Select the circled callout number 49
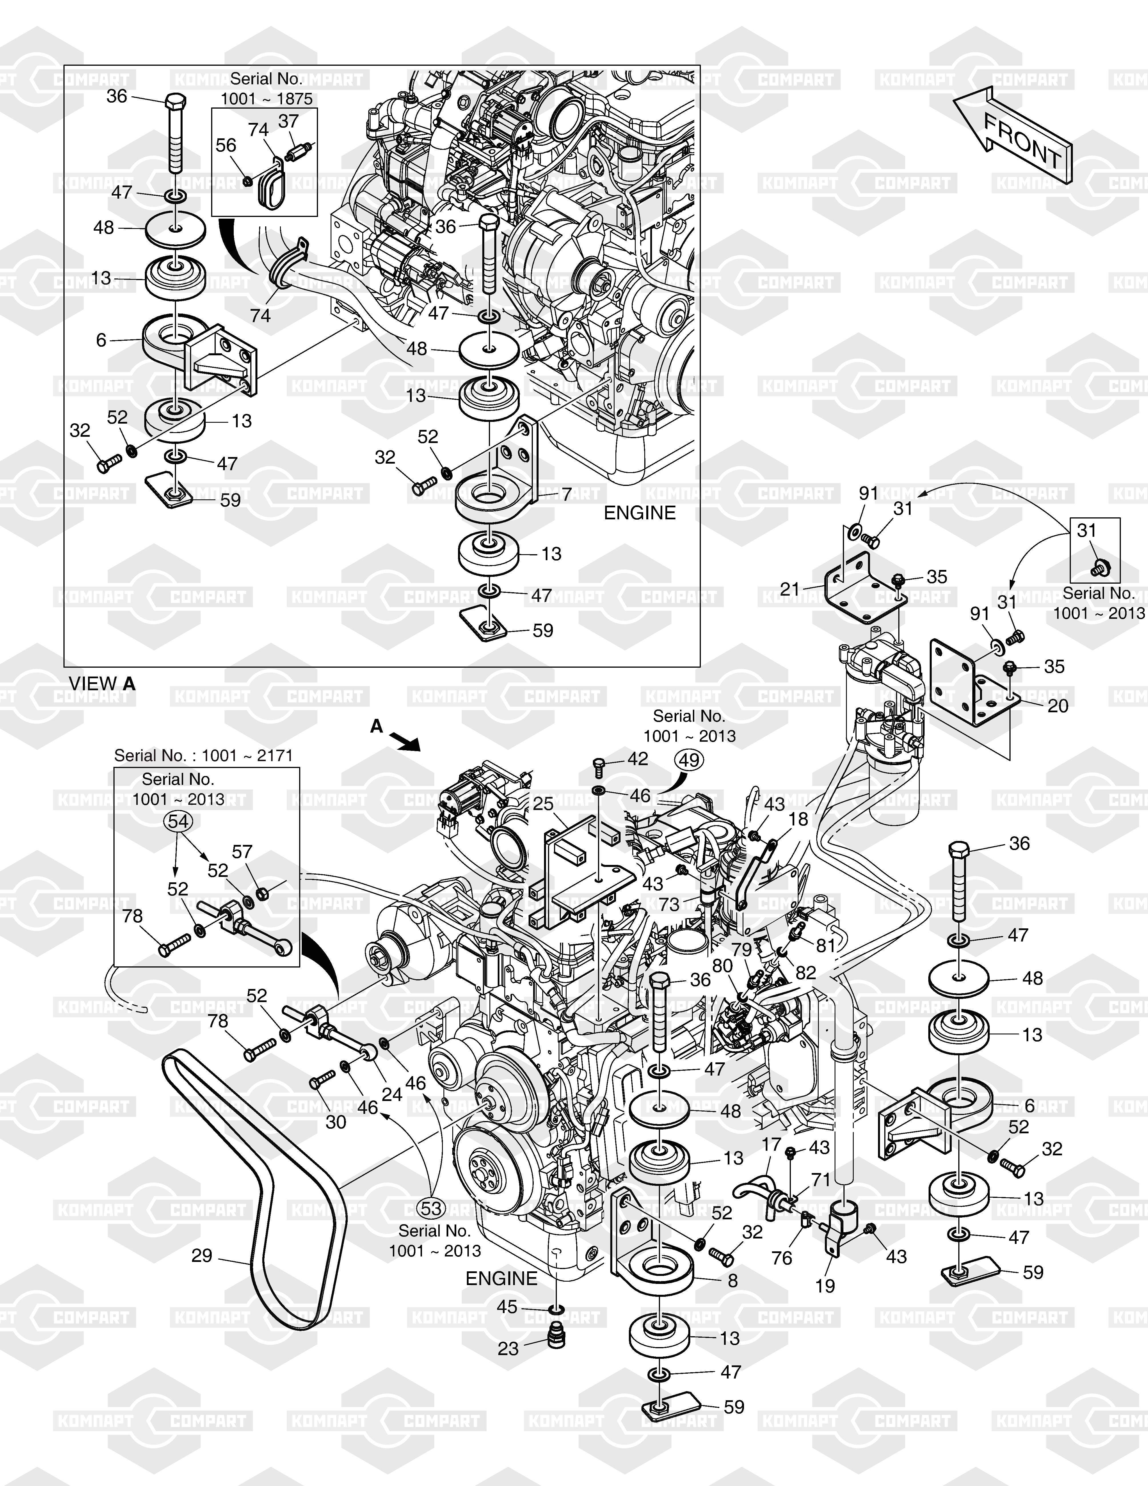pyautogui.click(x=689, y=760)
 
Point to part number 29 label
pyautogui.click(x=202, y=1255)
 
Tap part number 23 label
pyautogui.click(x=508, y=1349)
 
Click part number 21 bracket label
pyautogui.click(x=790, y=589)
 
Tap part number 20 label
pyautogui.click(x=1057, y=706)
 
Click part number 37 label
pyautogui.click(x=288, y=121)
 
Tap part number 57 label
pyautogui.click(x=242, y=852)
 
